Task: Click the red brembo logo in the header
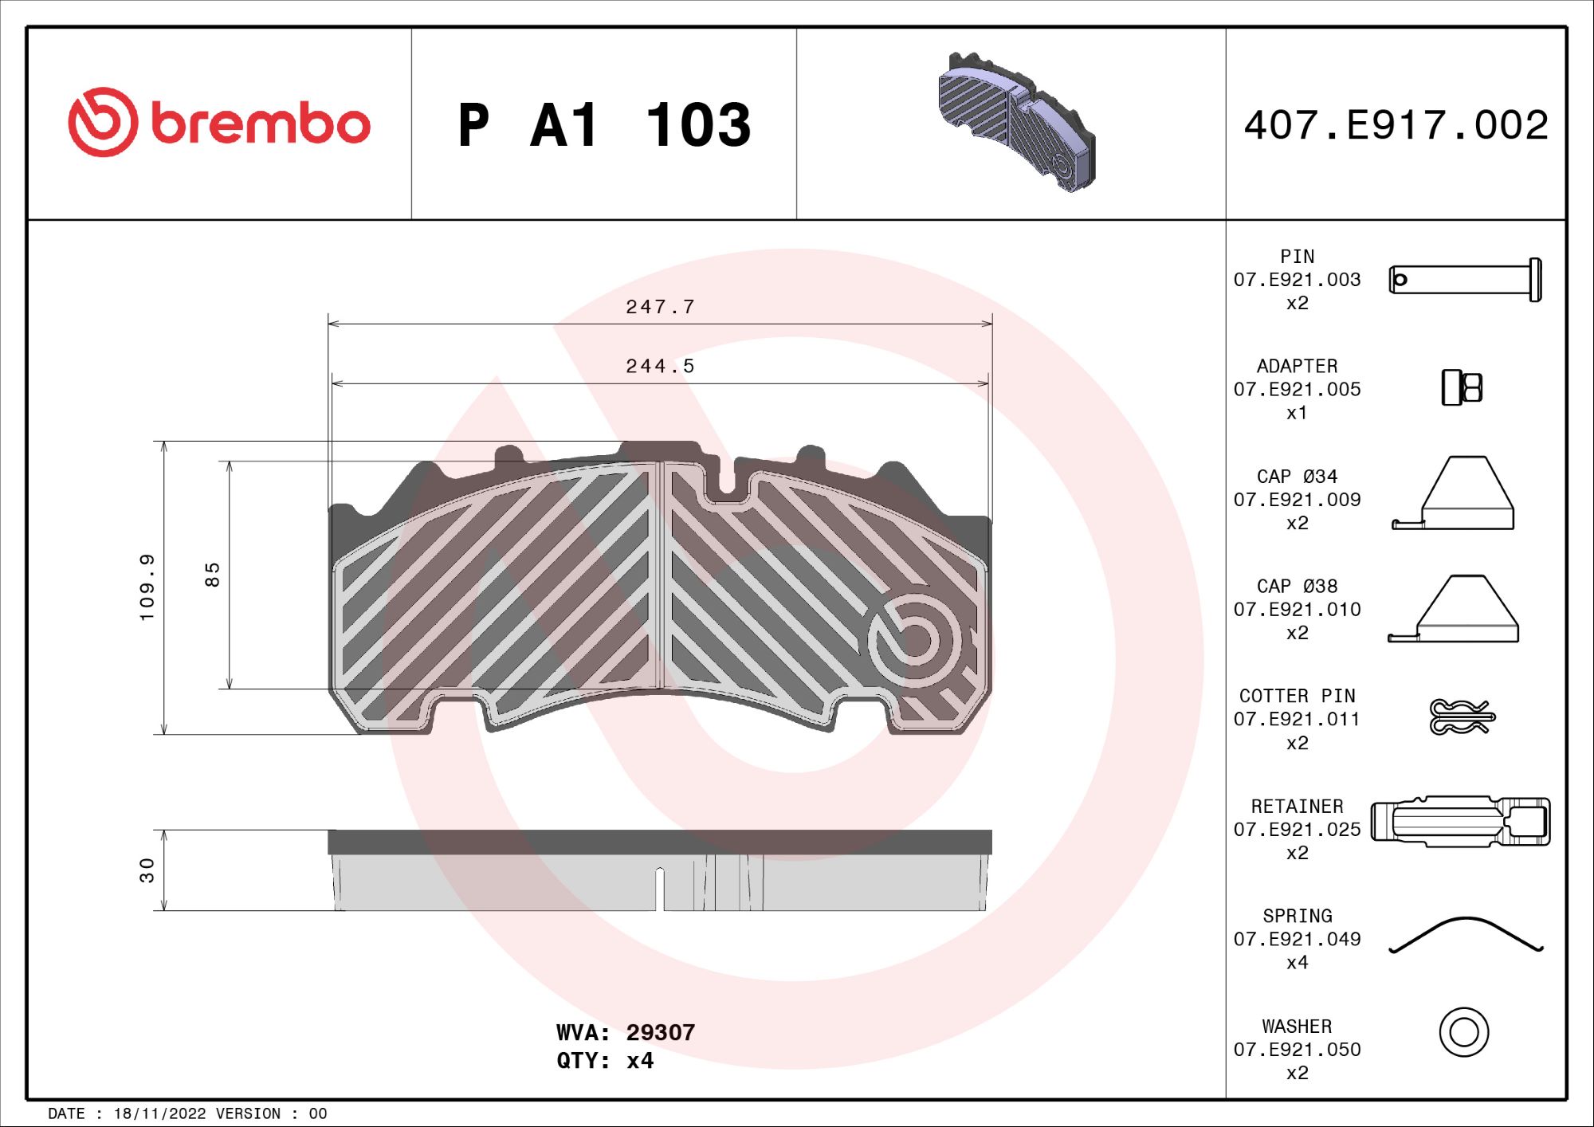(219, 123)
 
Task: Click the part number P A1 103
(604, 126)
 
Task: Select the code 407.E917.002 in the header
(1396, 126)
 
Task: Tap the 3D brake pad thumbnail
(1016, 123)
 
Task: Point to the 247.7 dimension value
(660, 307)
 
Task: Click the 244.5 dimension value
(660, 367)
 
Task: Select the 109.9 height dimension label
(147, 587)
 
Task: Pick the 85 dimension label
(212, 575)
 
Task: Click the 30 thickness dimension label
(147, 870)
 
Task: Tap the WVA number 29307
(660, 1032)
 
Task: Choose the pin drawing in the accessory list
(1465, 280)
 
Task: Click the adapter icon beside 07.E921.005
(1462, 388)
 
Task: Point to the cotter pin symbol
(1461, 717)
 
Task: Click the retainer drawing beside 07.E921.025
(1460, 821)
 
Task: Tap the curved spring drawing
(1465, 934)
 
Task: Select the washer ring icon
(1463, 1032)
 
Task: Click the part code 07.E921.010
(1297, 610)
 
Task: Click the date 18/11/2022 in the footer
(159, 1113)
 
